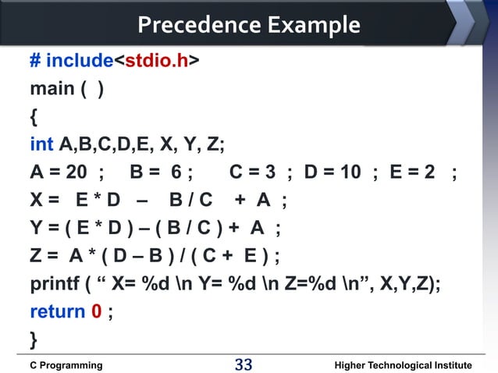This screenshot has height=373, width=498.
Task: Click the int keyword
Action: tap(41, 145)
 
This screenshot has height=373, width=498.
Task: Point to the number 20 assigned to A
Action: tap(80, 172)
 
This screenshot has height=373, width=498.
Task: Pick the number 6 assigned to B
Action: tap(177, 172)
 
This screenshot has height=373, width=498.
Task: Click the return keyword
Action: tap(57, 312)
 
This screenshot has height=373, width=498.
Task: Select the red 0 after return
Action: tap(97, 312)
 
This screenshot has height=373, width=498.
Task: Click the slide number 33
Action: tap(244, 364)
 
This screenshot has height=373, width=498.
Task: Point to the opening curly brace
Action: tap(33, 118)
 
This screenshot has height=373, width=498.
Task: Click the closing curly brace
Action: tap(33, 339)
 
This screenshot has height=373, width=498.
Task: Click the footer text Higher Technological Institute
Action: tap(402, 364)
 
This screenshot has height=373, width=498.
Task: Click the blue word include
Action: tap(79, 61)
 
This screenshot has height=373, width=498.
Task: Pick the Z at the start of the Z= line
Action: tap(36, 256)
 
